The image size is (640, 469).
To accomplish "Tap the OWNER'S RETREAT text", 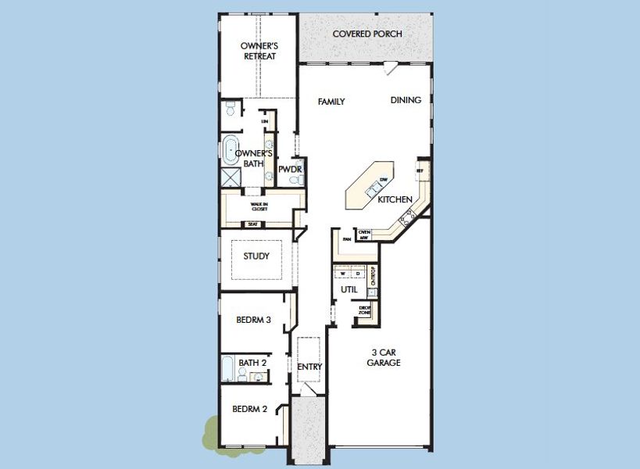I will tap(258, 51).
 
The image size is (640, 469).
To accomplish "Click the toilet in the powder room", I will tap(294, 180).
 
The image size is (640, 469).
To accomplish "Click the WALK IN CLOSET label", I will tap(259, 207).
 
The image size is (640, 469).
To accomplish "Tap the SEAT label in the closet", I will tap(252, 224).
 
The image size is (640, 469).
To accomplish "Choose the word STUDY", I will tap(256, 256).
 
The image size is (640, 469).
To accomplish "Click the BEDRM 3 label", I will tap(253, 320).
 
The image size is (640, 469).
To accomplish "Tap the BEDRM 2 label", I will tap(250, 409).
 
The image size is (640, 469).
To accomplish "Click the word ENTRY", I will tap(309, 367).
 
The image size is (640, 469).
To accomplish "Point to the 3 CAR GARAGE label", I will tap(384, 357).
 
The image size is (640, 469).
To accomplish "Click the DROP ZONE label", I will tap(364, 310).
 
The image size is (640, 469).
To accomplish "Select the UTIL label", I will tap(349, 290).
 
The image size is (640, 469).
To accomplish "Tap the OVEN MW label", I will tap(363, 234).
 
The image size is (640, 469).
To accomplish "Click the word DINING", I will tap(406, 100).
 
